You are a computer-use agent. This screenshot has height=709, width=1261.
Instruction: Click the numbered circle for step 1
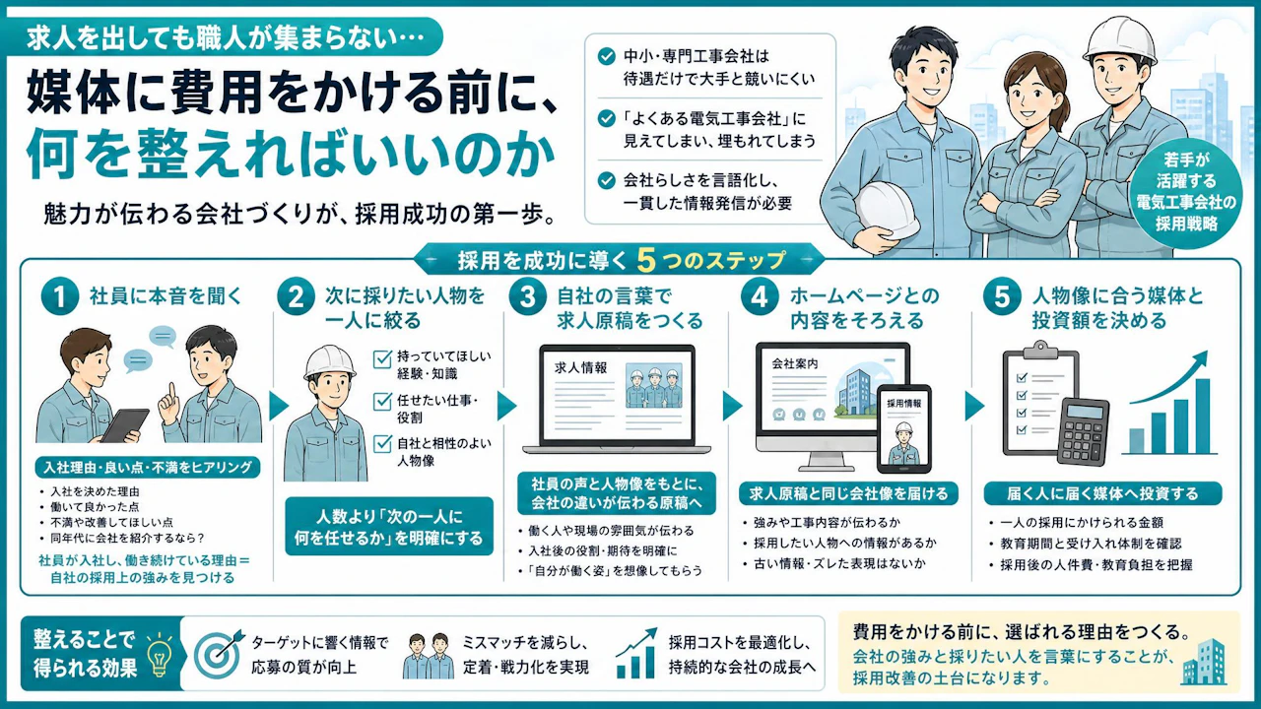[60, 296]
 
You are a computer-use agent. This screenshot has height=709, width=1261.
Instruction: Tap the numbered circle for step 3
[527, 296]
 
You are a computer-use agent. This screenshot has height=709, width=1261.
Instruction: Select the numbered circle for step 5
[1002, 296]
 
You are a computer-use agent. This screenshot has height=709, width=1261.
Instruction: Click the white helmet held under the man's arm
[886, 211]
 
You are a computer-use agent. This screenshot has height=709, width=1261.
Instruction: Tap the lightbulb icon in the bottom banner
[160, 654]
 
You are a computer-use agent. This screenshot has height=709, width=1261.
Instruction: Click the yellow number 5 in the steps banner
[647, 260]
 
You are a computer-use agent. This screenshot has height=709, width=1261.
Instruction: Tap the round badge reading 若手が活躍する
[1186, 192]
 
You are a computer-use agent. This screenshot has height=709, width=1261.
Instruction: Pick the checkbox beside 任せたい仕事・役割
[383, 401]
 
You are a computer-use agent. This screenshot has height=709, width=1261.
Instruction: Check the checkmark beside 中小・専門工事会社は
[606, 56]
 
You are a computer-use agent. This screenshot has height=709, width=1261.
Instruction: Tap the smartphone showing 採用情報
[904, 428]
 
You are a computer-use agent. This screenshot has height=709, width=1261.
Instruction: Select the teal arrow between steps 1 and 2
[279, 406]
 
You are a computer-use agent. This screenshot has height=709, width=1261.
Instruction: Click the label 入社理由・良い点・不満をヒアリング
[148, 467]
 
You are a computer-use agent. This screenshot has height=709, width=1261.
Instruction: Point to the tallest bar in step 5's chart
[1203, 417]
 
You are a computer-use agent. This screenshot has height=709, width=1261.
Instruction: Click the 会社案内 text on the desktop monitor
[795, 363]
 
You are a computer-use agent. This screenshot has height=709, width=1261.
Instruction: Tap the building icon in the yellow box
[1205, 663]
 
